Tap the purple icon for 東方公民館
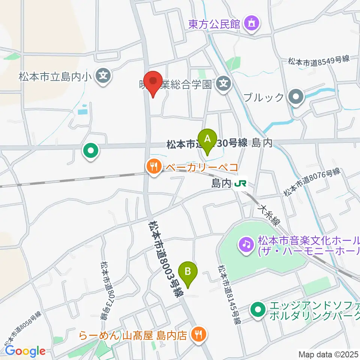coord(250,24)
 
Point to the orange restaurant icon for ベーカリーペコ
coord(153,165)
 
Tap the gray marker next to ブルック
coord(296,97)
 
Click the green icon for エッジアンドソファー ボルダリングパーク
coord(257,309)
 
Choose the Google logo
coord(25,351)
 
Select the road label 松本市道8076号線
coord(311,183)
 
